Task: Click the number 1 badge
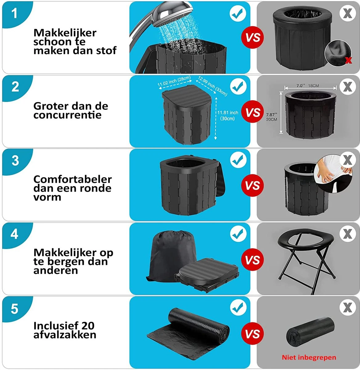coord(14,14)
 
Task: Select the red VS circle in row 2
coord(253,112)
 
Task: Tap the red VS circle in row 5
coord(253,334)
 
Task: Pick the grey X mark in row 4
coord(348,234)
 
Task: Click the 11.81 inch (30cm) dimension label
coord(228,115)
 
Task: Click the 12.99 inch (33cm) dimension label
coord(212,86)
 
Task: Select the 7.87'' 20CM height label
coord(272,117)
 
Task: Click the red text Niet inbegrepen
coord(309,357)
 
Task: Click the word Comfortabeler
coord(72,179)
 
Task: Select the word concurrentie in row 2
coord(67,115)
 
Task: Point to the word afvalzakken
coord(65,335)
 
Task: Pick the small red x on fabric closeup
coord(348,60)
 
